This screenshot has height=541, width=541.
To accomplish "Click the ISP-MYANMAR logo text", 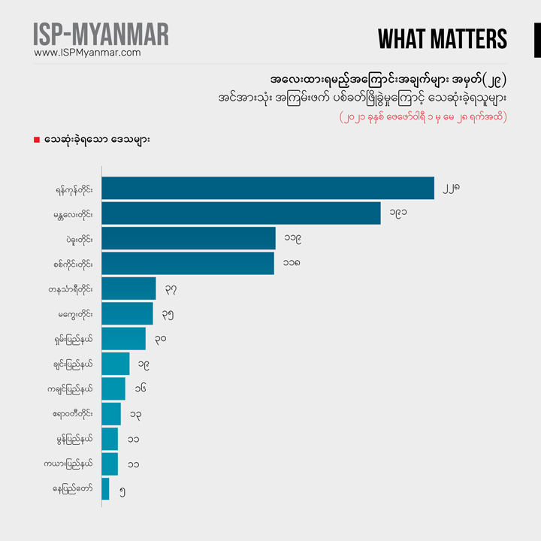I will pyautogui.click(x=101, y=34).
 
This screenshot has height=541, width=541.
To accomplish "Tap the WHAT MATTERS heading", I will pyautogui.click(x=442, y=39).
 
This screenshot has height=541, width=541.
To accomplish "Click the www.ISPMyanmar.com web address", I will pyautogui.click(x=88, y=53).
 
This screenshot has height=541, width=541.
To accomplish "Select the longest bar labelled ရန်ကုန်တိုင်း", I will pyautogui.click(x=267, y=188).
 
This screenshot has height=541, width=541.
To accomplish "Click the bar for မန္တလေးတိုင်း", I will pyautogui.click(x=240, y=213).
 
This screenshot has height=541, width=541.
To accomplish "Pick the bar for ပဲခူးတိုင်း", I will pyautogui.click(x=188, y=238).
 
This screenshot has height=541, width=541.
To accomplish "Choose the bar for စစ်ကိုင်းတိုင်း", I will pyautogui.click(x=187, y=263).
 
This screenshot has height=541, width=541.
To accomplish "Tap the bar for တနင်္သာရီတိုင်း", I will pyautogui.click(x=128, y=289).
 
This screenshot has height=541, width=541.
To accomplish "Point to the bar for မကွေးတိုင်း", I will pyautogui.click(x=127, y=313).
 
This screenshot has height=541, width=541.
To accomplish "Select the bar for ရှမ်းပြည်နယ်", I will pyautogui.click(x=123, y=338).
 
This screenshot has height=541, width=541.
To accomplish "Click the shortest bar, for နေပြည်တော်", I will pyautogui.click(x=105, y=489).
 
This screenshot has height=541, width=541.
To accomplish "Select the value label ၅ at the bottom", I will pyautogui.click(x=122, y=491).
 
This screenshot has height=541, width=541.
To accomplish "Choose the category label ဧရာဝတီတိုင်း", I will pyautogui.click(x=69, y=414).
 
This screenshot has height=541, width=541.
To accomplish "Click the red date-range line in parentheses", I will pyautogui.click(x=422, y=117).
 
